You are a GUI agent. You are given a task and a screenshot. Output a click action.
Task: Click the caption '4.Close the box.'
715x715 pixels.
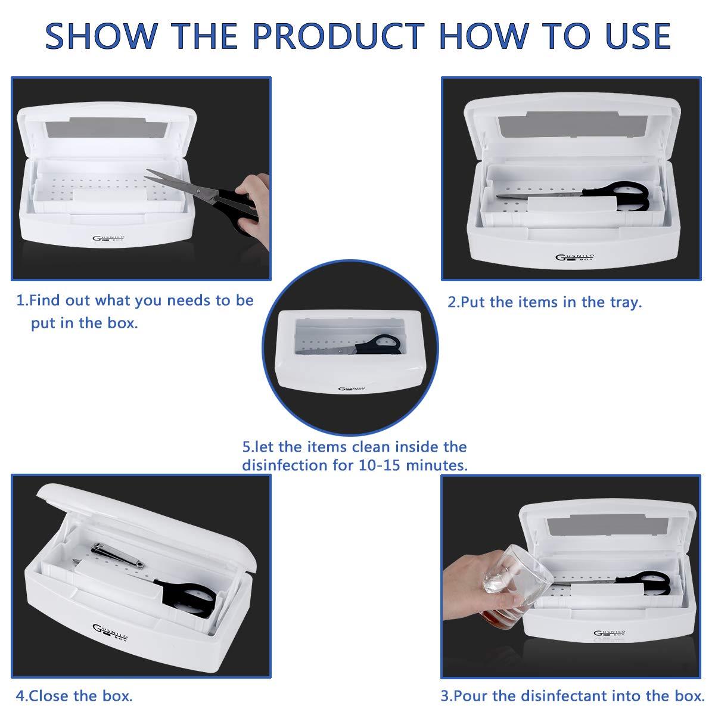point(74,695)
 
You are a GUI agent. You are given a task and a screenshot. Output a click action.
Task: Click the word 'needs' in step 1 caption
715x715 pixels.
point(190,301)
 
